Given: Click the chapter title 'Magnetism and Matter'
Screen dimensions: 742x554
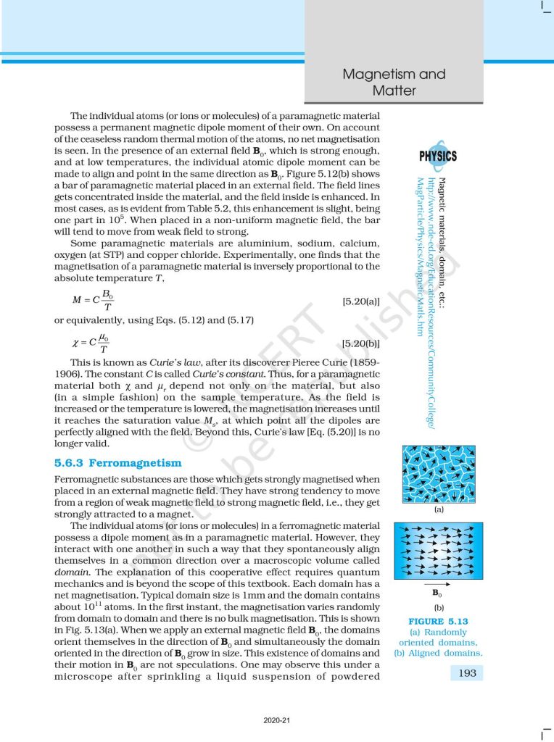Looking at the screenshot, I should [394, 82].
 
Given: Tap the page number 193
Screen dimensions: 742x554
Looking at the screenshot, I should [468, 673].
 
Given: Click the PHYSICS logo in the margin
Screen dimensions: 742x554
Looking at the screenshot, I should [437, 156].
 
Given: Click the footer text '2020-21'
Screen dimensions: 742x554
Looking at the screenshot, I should [277, 722].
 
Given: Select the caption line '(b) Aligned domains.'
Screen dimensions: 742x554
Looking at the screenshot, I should [438, 653].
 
